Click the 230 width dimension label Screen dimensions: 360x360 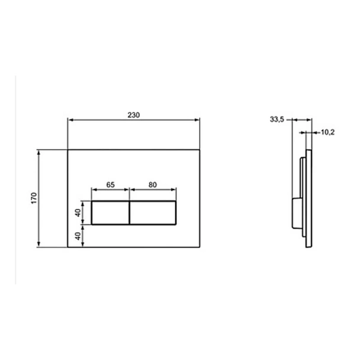(134, 115)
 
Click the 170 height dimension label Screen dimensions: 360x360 (34, 198)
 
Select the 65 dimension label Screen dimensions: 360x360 (111, 185)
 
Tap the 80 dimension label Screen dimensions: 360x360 (152, 185)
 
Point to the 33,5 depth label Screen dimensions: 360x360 (277, 120)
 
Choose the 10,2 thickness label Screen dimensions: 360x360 (327, 132)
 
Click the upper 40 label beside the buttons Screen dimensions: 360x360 (78, 213)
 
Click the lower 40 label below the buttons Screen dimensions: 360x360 (78, 236)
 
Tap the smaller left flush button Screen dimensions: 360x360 (111, 213)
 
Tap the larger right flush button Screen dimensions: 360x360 (153, 213)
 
